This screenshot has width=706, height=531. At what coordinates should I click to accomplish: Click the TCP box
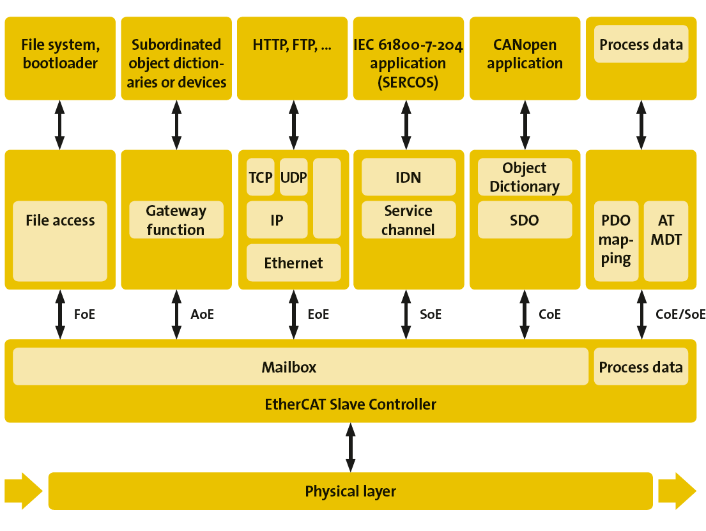(x=261, y=177)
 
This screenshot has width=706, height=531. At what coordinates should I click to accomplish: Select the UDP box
(x=294, y=177)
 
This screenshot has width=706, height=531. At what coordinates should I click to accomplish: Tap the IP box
(x=277, y=220)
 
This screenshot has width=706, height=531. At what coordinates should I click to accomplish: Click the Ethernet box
(x=293, y=263)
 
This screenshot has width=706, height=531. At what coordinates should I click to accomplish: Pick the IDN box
(x=408, y=177)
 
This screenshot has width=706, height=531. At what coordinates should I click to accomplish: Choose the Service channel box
(x=408, y=220)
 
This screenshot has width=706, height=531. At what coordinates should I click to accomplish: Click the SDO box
(x=525, y=220)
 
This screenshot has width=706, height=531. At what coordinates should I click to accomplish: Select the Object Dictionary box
(x=525, y=177)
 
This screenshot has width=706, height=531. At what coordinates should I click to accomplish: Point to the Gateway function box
(x=176, y=220)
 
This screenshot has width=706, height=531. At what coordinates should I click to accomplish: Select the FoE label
(x=84, y=314)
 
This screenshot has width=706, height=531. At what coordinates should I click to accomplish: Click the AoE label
(x=202, y=314)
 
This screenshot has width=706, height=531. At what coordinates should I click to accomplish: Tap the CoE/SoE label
(x=680, y=314)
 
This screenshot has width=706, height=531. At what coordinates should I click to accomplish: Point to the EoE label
(x=318, y=314)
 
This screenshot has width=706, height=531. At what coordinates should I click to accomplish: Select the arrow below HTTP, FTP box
(x=293, y=125)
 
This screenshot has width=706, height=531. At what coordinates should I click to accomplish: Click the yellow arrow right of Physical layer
(x=677, y=491)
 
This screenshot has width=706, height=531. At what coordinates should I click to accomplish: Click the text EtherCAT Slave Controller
(x=350, y=404)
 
